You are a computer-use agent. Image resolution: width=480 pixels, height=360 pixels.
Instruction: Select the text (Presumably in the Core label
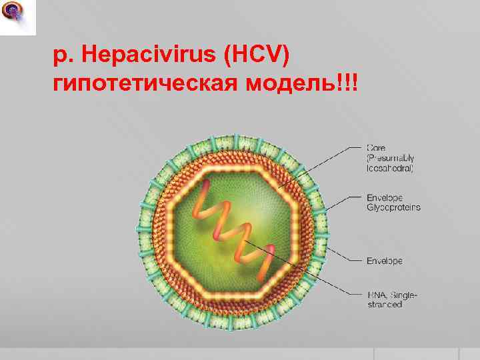tap(391, 158)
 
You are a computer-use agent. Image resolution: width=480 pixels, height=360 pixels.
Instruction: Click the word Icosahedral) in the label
tap(390, 169)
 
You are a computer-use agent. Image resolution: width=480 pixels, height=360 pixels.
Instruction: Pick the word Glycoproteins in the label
tap(393, 207)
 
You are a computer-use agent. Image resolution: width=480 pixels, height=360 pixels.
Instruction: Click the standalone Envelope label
tap(385, 261)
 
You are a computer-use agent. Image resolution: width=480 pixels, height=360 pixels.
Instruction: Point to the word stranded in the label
tap(385, 304)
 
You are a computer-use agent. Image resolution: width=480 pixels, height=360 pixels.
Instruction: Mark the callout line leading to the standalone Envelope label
tap(343, 259)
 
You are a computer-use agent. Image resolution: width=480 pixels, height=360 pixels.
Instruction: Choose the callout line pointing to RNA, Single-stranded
tap(307, 267)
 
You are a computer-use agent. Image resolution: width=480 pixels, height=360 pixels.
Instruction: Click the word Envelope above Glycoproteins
tap(385, 197)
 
